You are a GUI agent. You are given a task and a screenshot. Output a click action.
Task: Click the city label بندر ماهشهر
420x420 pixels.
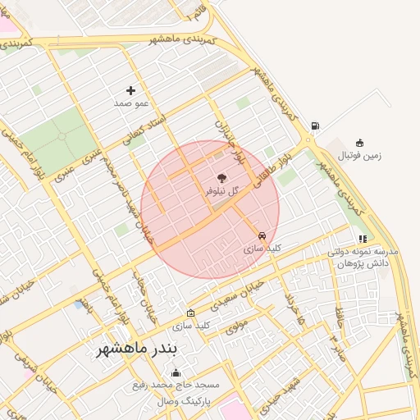(x=136, y=349)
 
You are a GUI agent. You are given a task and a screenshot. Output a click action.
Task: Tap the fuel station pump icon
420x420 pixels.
(x=315, y=126)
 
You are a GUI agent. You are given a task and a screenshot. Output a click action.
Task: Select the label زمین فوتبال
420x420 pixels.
(x=361, y=155)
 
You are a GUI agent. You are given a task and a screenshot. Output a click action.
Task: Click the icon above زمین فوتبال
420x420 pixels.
(x=359, y=143)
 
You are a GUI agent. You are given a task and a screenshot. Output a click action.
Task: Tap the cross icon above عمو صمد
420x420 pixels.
(x=130, y=90)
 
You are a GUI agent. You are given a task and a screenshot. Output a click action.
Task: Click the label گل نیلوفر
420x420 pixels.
(x=221, y=190)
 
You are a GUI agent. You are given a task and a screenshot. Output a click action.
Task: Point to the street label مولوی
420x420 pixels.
(x=236, y=327)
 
